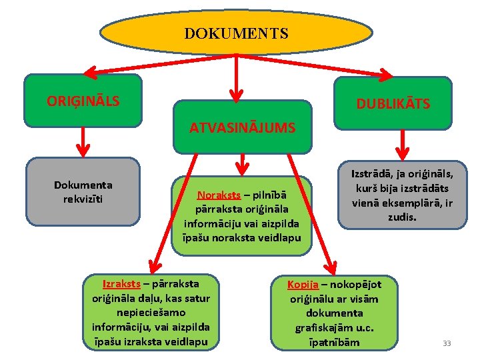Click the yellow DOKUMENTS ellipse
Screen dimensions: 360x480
click(x=237, y=32)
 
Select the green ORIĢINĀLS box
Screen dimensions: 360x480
click(x=83, y=101)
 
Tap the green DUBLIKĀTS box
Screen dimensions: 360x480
click(x=393, y=103)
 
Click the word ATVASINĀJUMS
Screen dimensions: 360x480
click(x=243, y=128)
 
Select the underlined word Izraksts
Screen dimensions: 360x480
click(x=121, y=283)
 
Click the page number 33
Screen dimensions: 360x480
click(x=447, y=343)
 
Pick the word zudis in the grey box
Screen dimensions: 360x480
click(x=401, y=218)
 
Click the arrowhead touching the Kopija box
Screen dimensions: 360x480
click(x=331, y=269)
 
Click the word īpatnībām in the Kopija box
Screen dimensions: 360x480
click(x=335, y=342)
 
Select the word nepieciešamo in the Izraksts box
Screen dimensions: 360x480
click(x=151, y=312)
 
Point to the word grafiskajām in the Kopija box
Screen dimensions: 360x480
click(x=324, y=327)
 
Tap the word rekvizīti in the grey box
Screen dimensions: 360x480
click(x=83, y=199)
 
